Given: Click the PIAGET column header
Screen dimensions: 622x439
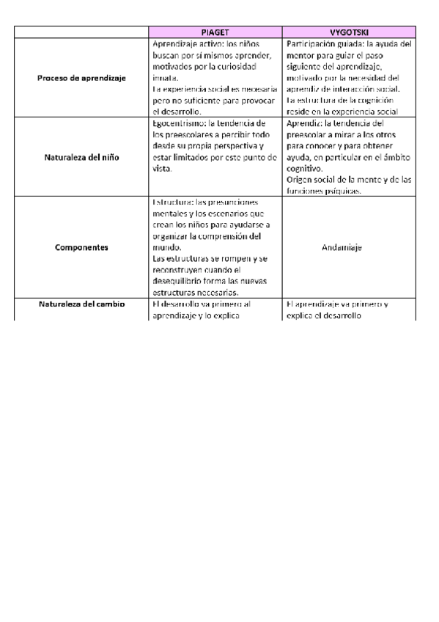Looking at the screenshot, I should click(x=215, y=33).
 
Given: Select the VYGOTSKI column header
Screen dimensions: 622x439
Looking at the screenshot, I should click(x=349, y=33).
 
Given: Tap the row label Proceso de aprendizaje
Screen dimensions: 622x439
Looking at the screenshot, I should click(x=82, y=77).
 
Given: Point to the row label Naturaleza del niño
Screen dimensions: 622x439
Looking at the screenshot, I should click(x=82, y=157).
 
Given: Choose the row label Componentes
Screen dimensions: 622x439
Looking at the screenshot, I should click(x=82, y=247).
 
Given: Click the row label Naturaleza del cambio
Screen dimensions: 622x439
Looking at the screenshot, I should click(x=82, y=304).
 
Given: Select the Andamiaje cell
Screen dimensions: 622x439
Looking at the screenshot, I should click(x=349, y=247).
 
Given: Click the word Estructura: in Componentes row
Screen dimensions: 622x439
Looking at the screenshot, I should click(x=172, y=202).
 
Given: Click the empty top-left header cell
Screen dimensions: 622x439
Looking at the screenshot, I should click(x=82, y=33).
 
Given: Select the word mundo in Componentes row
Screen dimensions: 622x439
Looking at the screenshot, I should click(x=166, y=247).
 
